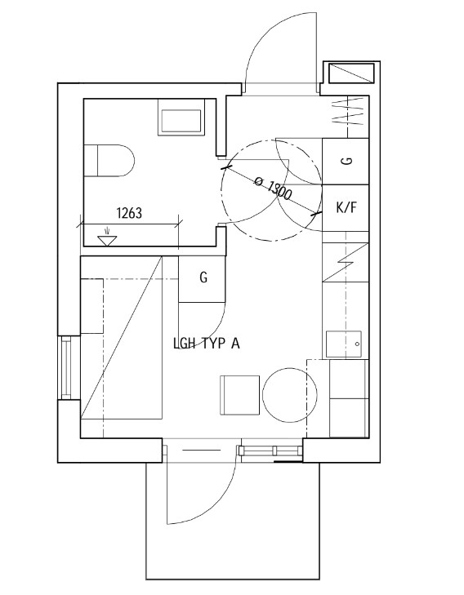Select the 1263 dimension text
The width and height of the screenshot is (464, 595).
pos(129,213)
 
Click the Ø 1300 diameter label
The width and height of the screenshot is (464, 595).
pos(272,188)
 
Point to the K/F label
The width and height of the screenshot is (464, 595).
pos(346,207)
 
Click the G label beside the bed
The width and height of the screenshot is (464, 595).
pos(203,278)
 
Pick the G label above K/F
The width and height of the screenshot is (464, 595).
pos(346,161)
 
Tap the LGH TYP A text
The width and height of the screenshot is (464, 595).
pos(207,344)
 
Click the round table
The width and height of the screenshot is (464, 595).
pos(290,395)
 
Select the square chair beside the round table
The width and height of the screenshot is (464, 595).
pos(240,395)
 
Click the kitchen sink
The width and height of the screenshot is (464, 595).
pos(344,344)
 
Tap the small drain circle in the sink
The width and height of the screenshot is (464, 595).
pos(357,344)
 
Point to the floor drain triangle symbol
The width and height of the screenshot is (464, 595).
pos(108,240)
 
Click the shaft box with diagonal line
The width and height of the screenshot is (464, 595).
pos(351,73)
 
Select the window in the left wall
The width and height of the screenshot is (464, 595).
pos(66,368)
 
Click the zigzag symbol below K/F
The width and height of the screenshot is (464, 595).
pos(346,262)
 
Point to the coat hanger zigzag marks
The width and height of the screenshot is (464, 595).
pos(348,112)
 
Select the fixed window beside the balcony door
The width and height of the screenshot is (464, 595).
pos(272,451)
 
